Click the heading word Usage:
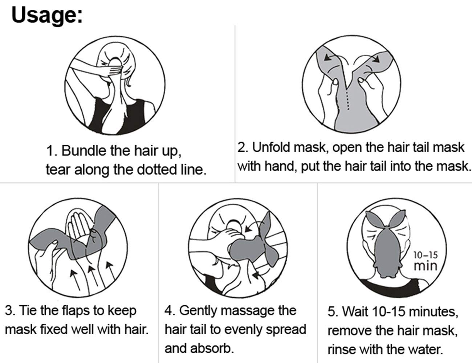coord(47,16)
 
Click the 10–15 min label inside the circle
coord(426,261)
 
